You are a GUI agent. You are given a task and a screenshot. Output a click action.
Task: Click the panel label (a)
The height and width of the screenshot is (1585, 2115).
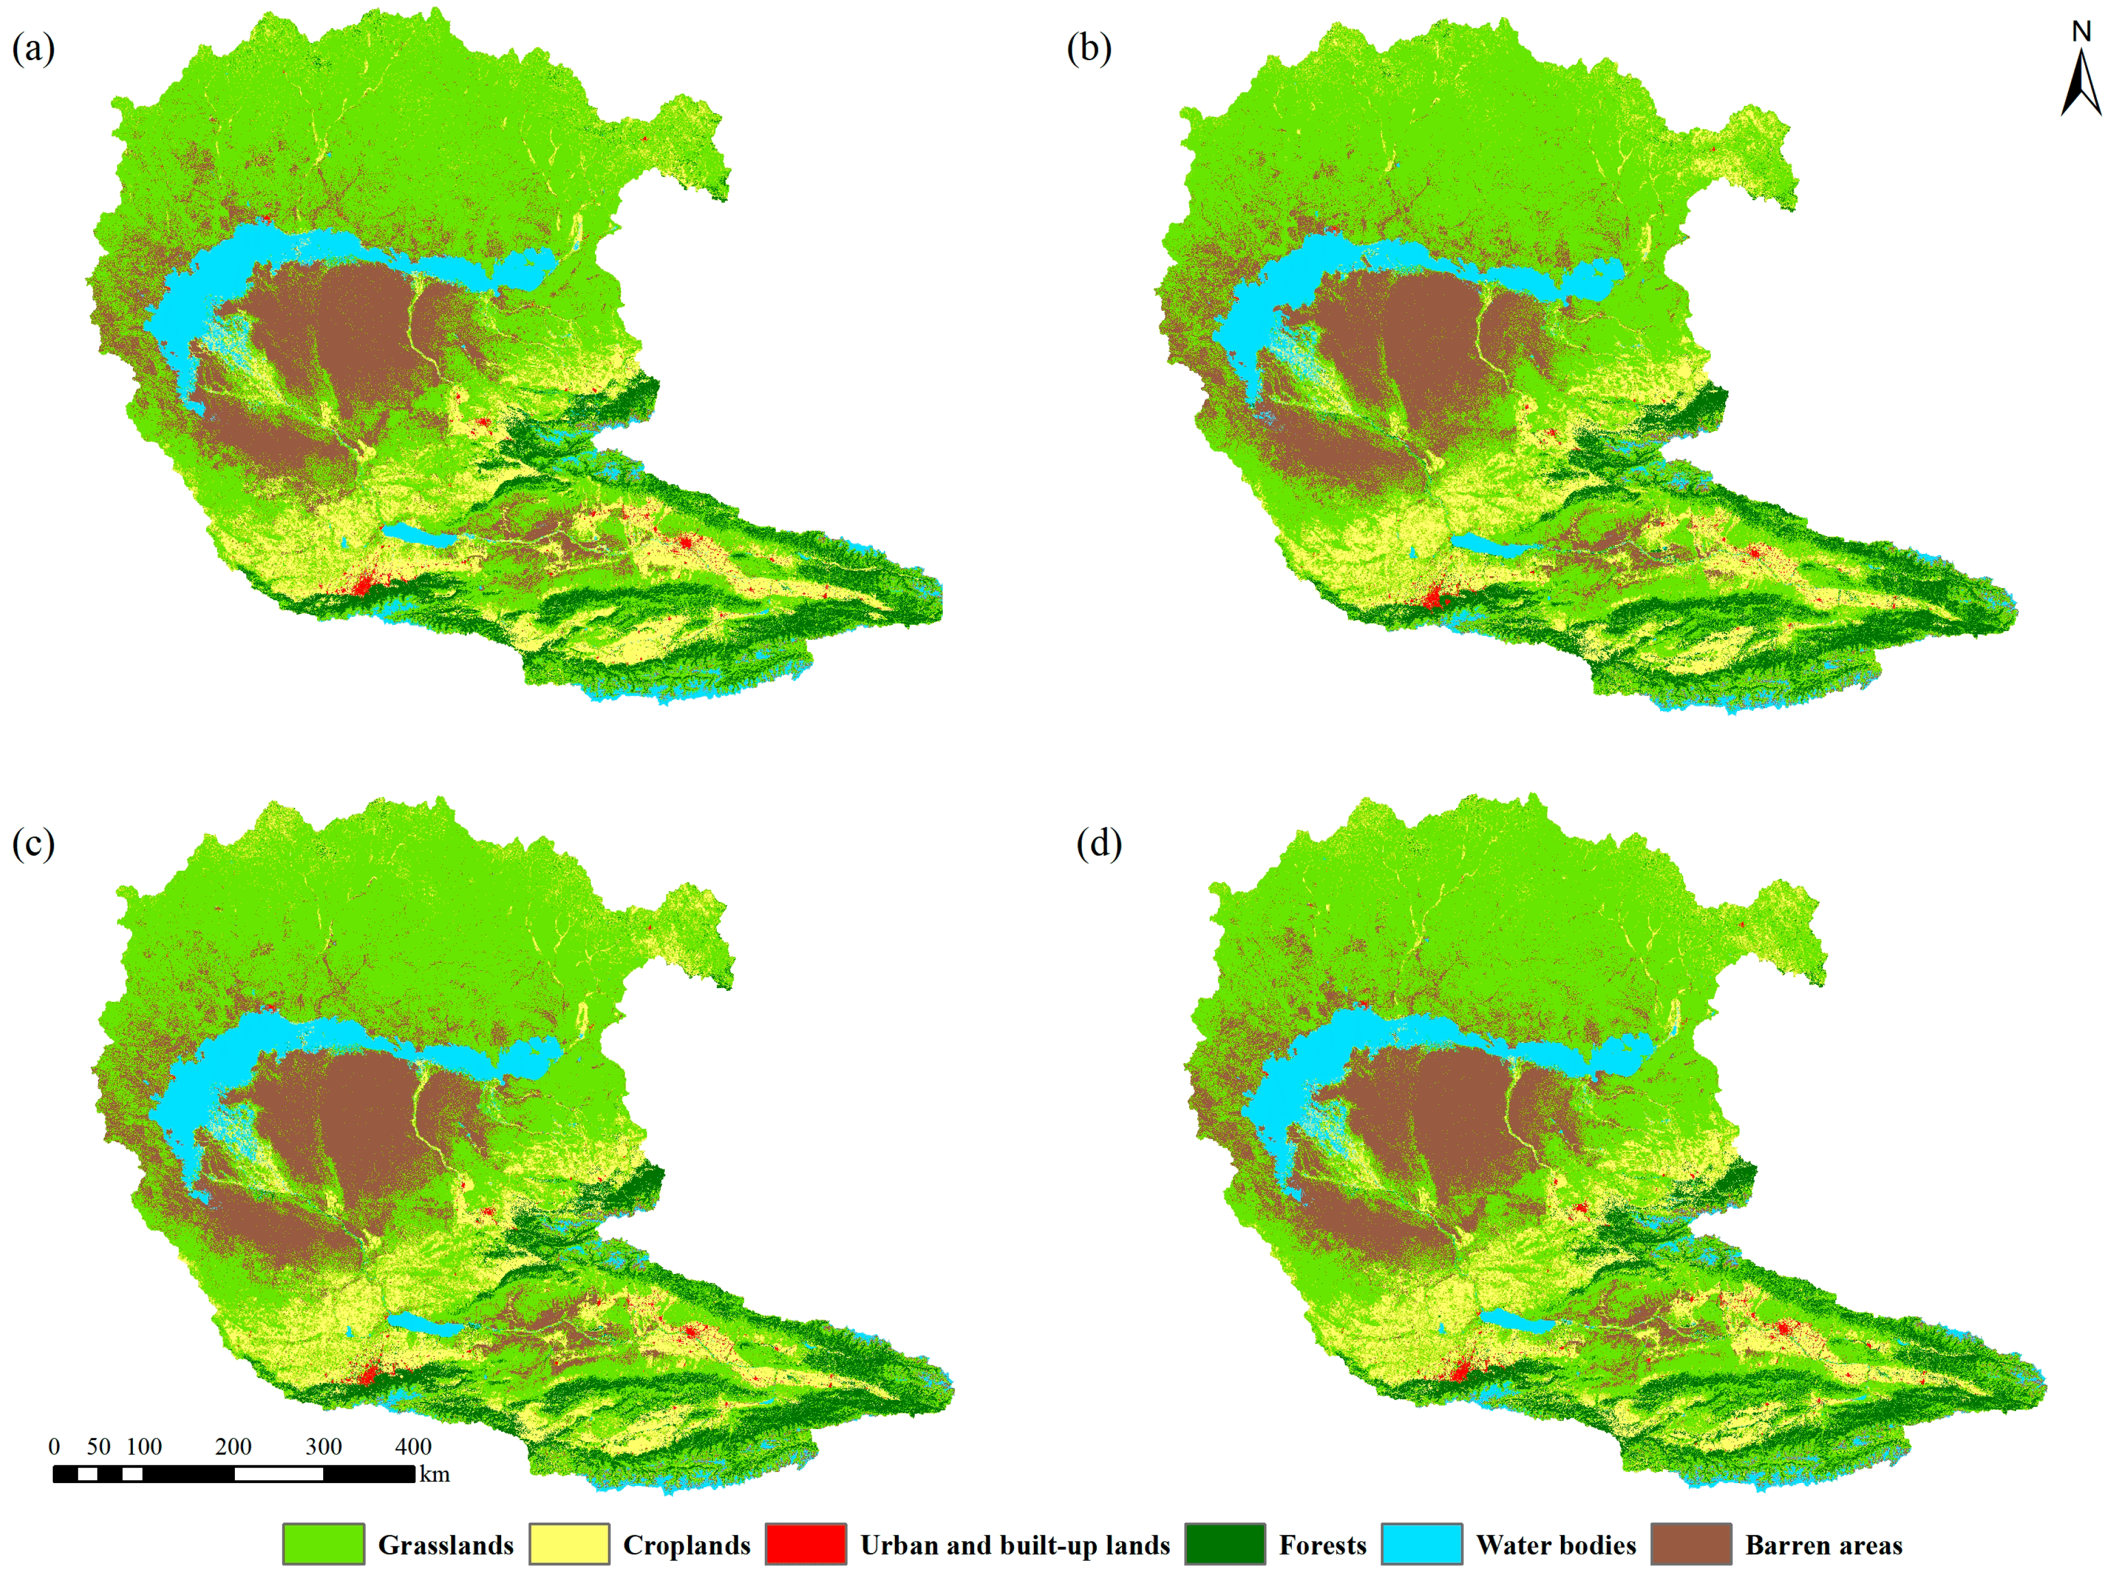click(x=34, y=48)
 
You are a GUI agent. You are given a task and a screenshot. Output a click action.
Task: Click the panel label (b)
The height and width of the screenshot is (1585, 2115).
click(x=1089, y=48)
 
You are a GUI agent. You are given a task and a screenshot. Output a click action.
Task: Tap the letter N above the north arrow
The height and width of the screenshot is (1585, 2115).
click(x=2081, y=31)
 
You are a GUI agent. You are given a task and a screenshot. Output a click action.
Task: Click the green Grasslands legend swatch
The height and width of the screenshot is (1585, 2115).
click(x=323, y=1544)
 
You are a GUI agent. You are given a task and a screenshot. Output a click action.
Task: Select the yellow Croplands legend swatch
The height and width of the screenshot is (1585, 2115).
click(x=569, y=1544)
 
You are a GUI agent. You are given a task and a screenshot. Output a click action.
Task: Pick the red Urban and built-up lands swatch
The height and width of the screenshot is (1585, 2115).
click(x=805, y=1544)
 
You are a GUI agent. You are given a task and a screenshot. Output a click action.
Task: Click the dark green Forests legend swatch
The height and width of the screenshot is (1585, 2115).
click(x=1225, y=1544)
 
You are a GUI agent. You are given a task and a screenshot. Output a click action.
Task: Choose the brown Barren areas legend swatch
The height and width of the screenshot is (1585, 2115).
click(x=1690, y=1544)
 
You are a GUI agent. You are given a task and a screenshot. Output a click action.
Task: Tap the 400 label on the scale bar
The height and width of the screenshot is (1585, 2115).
click(x=413, y=1446)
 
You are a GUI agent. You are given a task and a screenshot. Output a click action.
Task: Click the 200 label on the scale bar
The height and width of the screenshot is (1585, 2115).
click(x=233, y=1446)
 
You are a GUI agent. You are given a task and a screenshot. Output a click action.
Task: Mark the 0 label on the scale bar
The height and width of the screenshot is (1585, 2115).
click(x=55, y=1446)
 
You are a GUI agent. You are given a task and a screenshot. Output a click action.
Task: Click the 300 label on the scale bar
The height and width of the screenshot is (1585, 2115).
click(x=323, y=1446)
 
